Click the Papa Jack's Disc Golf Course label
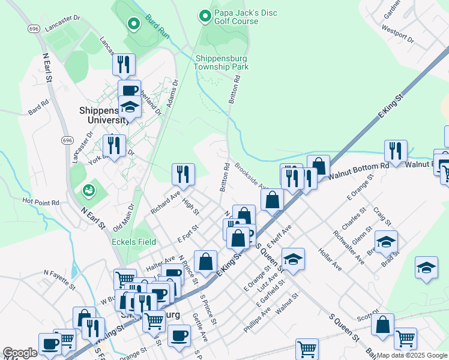click(x=237, y=16)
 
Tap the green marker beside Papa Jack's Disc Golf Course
click(x=205, y=16)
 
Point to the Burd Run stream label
click(x=158, y=26)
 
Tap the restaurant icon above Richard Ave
click(x=183, y=175)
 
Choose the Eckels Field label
click(x=134, y=242)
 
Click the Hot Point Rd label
click(x=41, y=202)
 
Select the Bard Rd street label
click(x=38, y=107)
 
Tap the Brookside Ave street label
click(x=252, y=176)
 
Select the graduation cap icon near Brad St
click(x=386, y=242)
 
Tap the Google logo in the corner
click(x=19, y=353)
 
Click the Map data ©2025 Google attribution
click(x=412, y=355)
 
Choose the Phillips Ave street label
click(x=258, y=321)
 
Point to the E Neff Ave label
click(x=279, y=236)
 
